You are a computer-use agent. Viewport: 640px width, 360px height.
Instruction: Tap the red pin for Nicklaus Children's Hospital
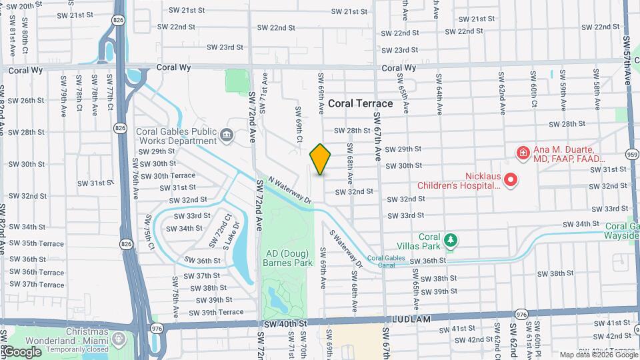pos(511,179)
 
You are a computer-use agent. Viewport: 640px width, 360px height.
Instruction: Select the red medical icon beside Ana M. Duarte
pos(523,154)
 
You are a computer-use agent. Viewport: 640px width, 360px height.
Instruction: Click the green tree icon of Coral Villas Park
pos(451,239)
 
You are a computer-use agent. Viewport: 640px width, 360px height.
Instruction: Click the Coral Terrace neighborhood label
pos(360,103)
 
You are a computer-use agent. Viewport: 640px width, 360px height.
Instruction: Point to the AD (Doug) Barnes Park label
pos(289,258)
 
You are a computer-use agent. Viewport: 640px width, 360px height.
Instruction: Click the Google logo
pos(21,351)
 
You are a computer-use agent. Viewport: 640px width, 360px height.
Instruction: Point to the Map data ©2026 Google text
pos(597,355)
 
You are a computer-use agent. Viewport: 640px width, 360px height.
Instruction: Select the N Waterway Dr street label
pos(290,190)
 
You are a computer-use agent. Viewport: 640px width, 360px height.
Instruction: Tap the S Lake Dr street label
pos(237,235)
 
